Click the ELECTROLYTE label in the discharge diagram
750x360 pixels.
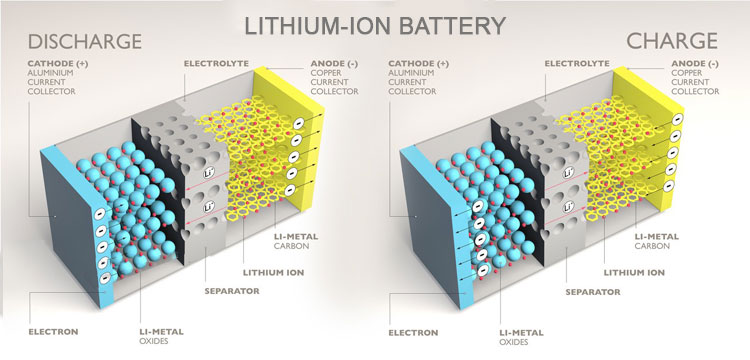coord(218,63)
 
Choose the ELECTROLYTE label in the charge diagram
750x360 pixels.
coord(578,63)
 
